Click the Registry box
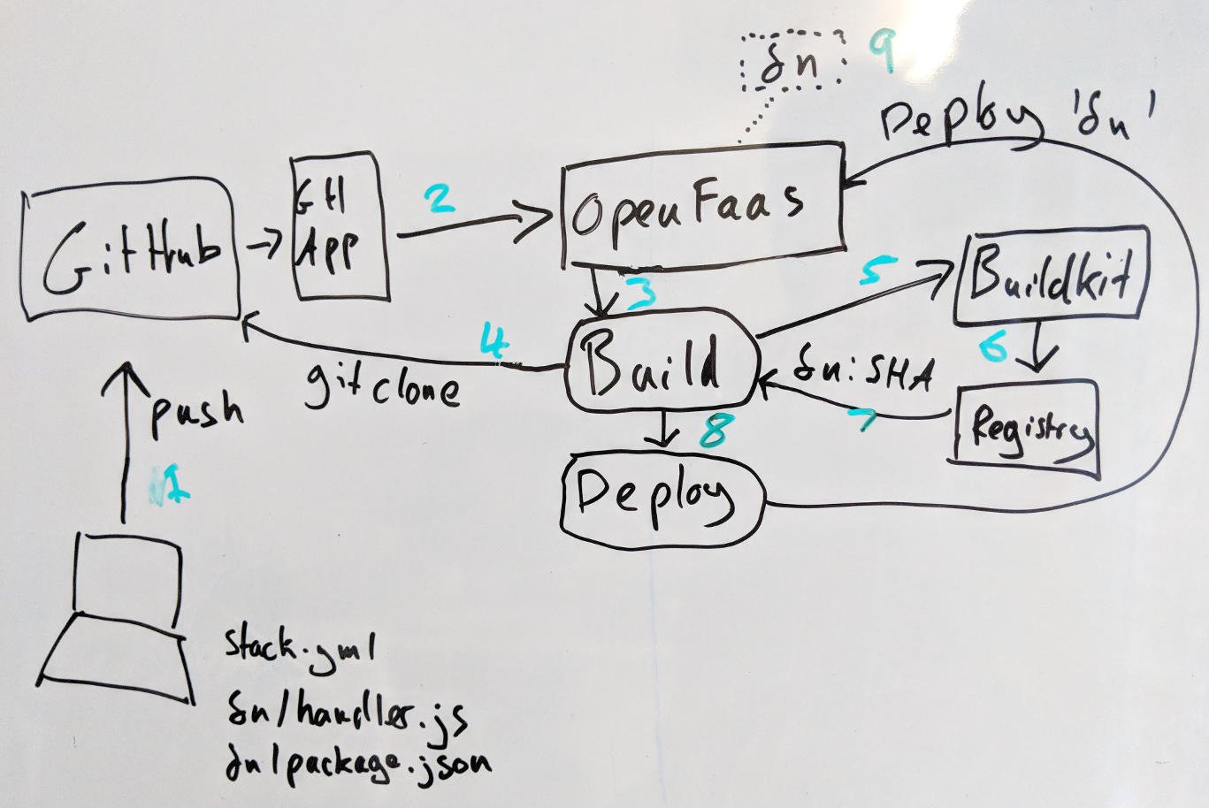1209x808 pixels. pyautogui.click(x=1026, y=427)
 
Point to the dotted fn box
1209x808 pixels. pyautogui.click(x=791, y=63)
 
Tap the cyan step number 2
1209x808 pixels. pyautogui.click(x=439, y=198)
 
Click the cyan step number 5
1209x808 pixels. pyautogui.click(x=877, y=271)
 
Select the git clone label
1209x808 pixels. pyautogui.click(x=382, y=385)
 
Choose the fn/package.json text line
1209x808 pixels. pyautogui.click(x=356, y=762)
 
